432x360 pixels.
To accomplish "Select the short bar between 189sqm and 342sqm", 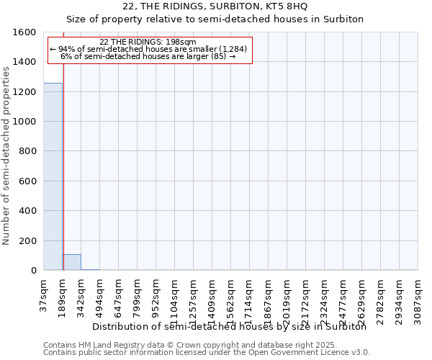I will (71, 262).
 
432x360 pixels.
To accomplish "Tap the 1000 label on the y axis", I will (25, 122).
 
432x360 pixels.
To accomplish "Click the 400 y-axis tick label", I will (28, 211).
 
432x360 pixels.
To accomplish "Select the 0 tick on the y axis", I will (34, 271).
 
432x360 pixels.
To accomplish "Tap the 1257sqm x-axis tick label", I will (194, 295).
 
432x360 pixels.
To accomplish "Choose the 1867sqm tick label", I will (269, 295).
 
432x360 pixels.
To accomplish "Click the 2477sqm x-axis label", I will (343, 295).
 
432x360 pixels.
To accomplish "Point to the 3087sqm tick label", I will (418, 295).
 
